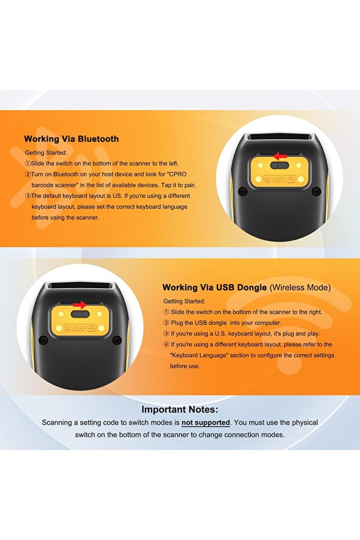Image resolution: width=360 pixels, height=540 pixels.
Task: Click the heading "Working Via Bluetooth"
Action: tap(71, 139)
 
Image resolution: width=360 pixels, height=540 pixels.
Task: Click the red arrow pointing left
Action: tap(281, 156)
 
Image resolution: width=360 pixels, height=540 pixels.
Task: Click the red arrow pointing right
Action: tap(80, 305)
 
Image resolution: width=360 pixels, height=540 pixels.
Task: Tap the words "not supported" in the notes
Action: tap(206, 422)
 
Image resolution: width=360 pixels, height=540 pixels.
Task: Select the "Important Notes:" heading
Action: tap(180, 409)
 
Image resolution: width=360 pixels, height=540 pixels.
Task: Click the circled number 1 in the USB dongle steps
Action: tap(166, 312)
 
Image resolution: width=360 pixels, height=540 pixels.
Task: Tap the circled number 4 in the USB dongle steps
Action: tap(166, 345)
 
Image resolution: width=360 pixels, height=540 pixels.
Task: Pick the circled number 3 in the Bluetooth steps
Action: tap(27, 196)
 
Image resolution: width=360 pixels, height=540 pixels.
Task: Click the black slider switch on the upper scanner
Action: tap(281, 166)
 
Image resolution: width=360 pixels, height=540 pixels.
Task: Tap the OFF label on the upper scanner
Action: tap(279, 180)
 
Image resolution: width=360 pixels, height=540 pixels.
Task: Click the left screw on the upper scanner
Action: tap(243, 191)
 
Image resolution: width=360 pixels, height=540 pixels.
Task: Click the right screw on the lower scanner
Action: tap(117, 340)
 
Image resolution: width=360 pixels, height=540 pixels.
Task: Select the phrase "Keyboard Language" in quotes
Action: tap(196, 356)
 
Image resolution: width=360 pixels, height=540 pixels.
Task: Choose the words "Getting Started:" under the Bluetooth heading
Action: tap(46, 153)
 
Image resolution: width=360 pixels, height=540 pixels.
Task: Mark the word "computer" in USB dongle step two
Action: tap(264, 323)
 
